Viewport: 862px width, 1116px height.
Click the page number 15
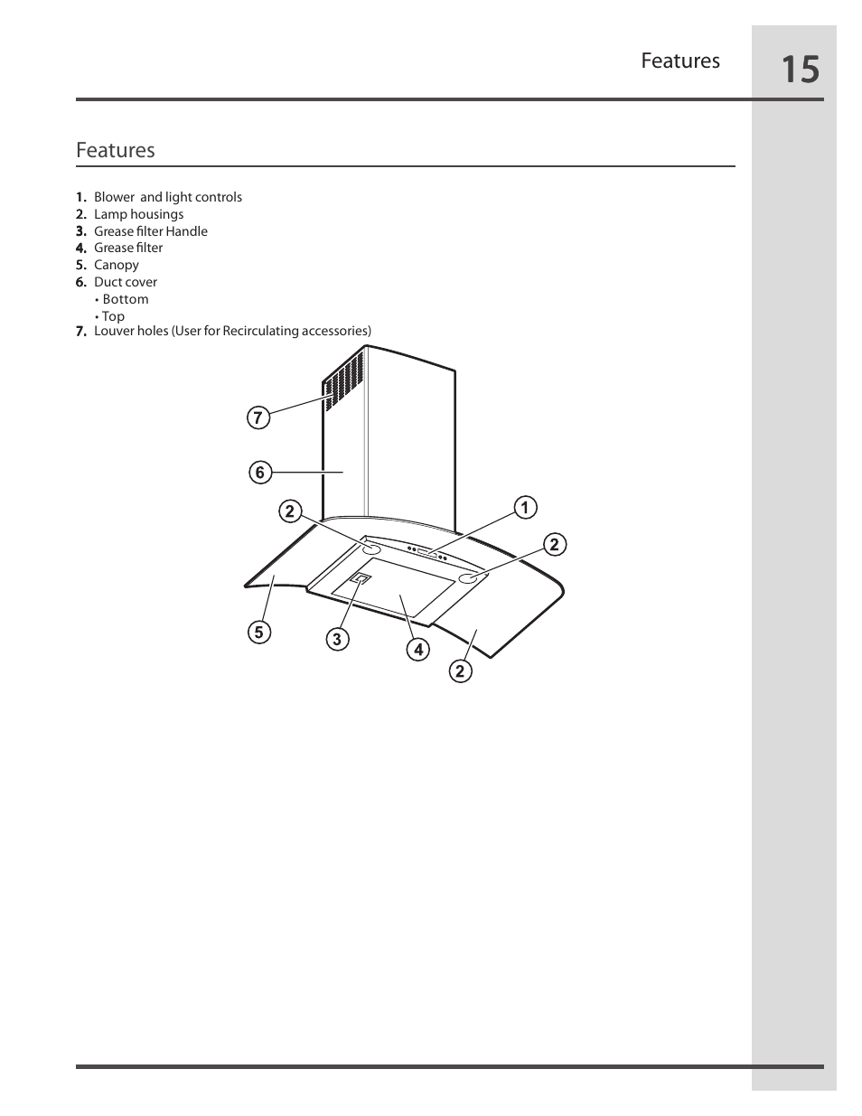pos(800,69)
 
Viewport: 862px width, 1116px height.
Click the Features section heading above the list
pos(116,150)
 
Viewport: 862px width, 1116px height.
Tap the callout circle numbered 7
pos(258,417)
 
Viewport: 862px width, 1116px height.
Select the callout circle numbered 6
pos(260,473)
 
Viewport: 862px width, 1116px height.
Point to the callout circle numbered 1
pos(524,508)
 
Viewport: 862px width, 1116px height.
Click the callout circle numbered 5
pos(259,633)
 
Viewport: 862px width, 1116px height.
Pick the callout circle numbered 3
pos(337,640)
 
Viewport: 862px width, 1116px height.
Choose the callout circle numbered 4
pos(417,649)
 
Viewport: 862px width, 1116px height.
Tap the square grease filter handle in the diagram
pos(361,579)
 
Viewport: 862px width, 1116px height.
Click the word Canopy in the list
pos(117,265)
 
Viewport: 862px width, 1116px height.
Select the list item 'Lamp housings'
pos(138,214)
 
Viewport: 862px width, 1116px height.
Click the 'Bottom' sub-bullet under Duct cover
pos(125,299)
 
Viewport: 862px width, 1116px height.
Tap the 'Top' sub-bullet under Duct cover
pos(113,316)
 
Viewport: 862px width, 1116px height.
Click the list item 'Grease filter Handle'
pos(151,231)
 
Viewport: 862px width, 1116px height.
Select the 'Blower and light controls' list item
pos(168,197)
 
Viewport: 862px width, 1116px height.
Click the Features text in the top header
pos(680,61)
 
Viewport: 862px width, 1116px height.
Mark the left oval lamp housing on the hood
pos(372,549)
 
